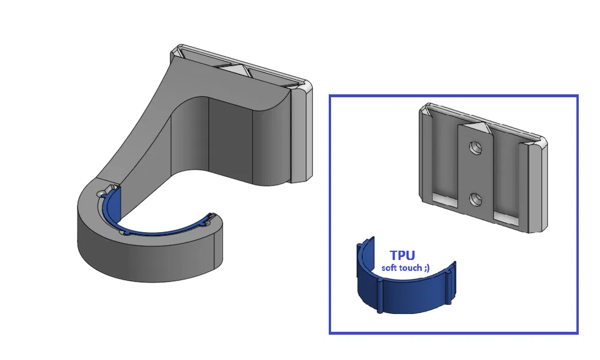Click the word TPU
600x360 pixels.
click(x=402, y=255)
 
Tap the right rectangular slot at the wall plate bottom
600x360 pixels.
click(x=507, y=217)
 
